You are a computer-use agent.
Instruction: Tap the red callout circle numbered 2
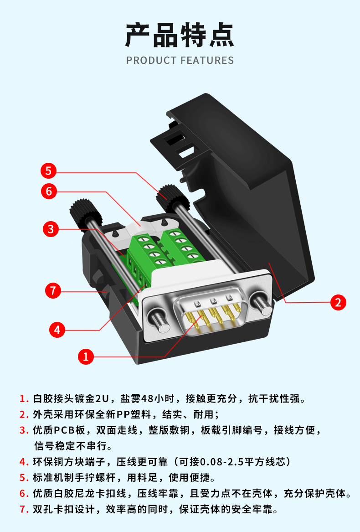click(338, 302)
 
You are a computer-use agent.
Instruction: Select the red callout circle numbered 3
click(51, 229)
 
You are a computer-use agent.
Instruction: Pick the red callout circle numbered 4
click(57, 329)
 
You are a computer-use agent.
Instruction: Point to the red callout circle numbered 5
click(48, 171)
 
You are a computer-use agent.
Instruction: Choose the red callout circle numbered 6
click(49, 191)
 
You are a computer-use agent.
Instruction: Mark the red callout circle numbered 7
click(53, 290)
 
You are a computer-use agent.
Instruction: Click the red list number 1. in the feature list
click(24, 399)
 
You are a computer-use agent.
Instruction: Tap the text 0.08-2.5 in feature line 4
click(222, 462)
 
